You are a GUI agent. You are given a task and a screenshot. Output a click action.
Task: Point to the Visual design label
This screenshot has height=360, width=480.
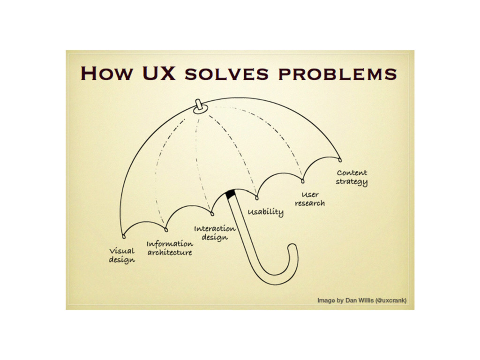click(x=122, y=255)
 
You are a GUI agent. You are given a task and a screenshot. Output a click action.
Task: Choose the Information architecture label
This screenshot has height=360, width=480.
click(x=170, y=248)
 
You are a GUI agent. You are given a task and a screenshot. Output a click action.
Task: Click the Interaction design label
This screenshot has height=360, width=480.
click(x=215, y=232)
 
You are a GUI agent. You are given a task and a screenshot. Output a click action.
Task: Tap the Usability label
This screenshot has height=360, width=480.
click(x=266, y=212)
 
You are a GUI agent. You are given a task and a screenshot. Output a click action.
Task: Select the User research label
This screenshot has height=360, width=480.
click(x=310, y=199)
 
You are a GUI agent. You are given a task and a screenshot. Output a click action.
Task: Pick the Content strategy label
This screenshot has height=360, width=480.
click(x=352, y=177)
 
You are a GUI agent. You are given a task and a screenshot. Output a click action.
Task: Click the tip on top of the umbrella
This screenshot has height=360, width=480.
click(x=199, y=105)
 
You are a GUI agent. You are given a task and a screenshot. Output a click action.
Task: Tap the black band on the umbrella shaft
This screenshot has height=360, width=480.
click(x=231, y=194)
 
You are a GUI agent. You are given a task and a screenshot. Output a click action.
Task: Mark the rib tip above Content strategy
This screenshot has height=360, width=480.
click(x=339, y=159)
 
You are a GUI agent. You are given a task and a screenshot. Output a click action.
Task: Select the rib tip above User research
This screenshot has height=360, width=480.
click(x=302, y=180)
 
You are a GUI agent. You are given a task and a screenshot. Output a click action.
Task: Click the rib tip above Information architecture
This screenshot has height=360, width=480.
click(x=166, y=229)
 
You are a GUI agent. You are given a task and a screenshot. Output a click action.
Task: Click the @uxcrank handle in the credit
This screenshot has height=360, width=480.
click(x=391, y=300)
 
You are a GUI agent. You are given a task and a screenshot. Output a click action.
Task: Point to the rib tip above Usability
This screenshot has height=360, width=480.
click(x=257, y=197)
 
